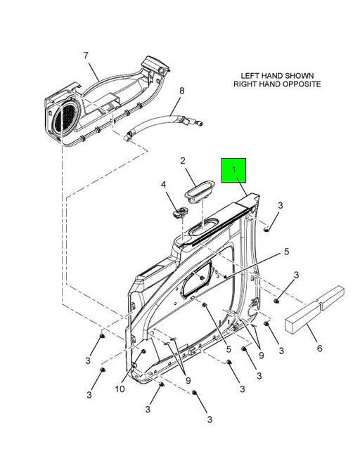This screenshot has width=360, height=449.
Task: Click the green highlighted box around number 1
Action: pyautogui.click(x=233, y=170)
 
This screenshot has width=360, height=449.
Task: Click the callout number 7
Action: pyautogui.click(x=86, y=56)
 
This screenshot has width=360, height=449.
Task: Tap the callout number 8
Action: pyautogui.click(x=181, y=91)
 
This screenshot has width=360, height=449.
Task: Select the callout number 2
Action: pyautogui.click(x=183, y=161)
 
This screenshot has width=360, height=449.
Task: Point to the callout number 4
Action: pyautogui.click(x=163, y=184)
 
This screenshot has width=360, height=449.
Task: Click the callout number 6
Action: pyautogui.click(x=320, y=349)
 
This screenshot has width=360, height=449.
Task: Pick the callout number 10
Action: pyautogui.click(x=120, y=389)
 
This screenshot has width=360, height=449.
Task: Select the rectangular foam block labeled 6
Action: pyautogui.click(x=315, y=309)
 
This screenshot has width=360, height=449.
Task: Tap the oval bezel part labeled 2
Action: pyautogui.click(x=199, y=191)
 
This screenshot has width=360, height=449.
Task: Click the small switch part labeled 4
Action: pyautogui.click(x=180, y=212)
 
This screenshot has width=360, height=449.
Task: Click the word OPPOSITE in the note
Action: pyautogui.click(x=302, y=84)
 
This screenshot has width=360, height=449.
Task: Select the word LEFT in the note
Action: pyautogui.click(x=249, y=76)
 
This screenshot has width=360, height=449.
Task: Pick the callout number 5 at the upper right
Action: pyautogui.click(x=286, y=252)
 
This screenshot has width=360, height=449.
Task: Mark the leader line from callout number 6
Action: pyautogui.click(x=311, y=333)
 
